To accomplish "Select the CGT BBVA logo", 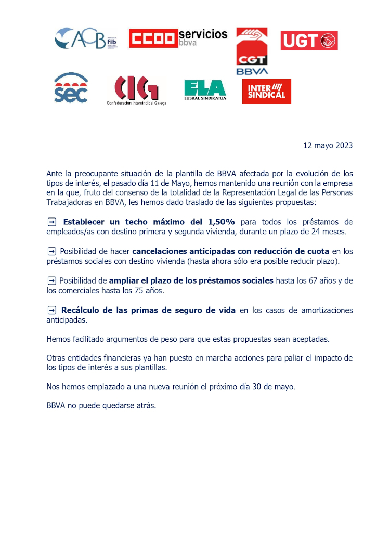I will pos(252,51).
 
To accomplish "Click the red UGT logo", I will pos(309,41).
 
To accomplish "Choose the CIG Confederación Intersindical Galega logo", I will pos(136,90).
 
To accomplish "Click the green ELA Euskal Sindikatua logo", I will pos(205,89).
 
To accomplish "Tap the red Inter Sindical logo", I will pos(267,92).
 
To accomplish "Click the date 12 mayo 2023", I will pos(328,145).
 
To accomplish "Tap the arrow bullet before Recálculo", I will pos(51,310).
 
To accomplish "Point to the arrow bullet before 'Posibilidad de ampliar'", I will pos(51,281).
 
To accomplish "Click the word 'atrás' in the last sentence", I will pos(145,405).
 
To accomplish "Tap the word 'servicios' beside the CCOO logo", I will pos(203,34).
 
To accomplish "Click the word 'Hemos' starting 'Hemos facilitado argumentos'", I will pos(58,339).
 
